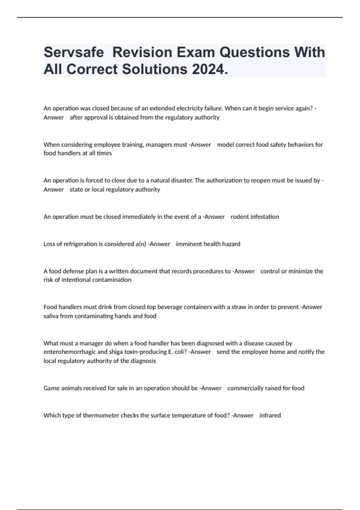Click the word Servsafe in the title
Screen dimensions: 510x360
[74, 52]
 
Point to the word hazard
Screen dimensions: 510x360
[231, 244]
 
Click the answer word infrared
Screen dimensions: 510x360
[270, 415]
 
